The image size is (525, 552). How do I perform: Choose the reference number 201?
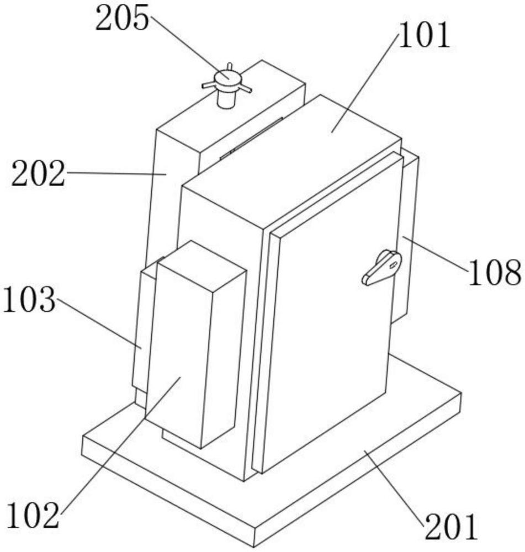449,527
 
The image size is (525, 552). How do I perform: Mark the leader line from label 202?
116,173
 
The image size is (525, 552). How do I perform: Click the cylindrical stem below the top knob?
225,100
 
